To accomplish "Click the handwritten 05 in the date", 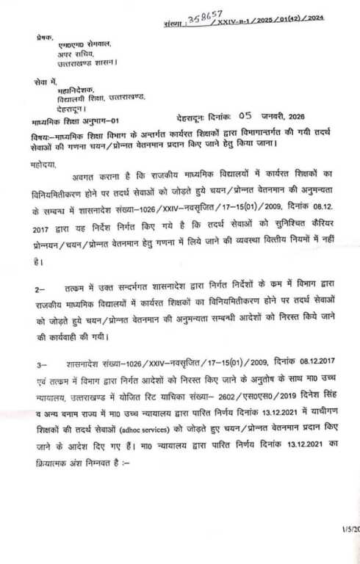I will (x=245, y=115).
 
